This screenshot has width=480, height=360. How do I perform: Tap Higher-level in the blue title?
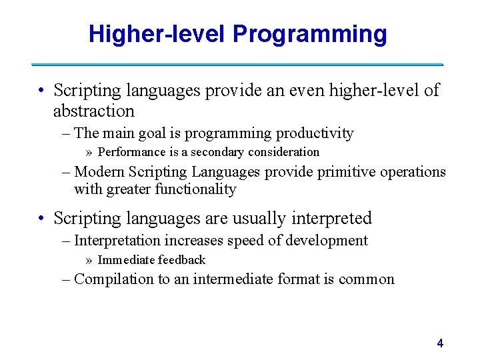point(160,34)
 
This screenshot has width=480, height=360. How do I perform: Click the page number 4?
point(439,343)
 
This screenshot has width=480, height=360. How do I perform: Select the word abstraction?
point(93,111)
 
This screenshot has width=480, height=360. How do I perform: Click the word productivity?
point(315,133)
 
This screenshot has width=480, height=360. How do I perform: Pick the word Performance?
point(131,152)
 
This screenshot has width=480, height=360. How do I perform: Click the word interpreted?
point(330,218)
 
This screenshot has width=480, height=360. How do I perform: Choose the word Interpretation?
point(118,240)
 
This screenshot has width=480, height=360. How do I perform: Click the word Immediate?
point(126,260)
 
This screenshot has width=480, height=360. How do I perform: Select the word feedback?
point(181,260)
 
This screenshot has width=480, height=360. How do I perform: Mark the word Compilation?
point(113,279)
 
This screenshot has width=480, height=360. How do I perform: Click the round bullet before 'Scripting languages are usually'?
point(41,219)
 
